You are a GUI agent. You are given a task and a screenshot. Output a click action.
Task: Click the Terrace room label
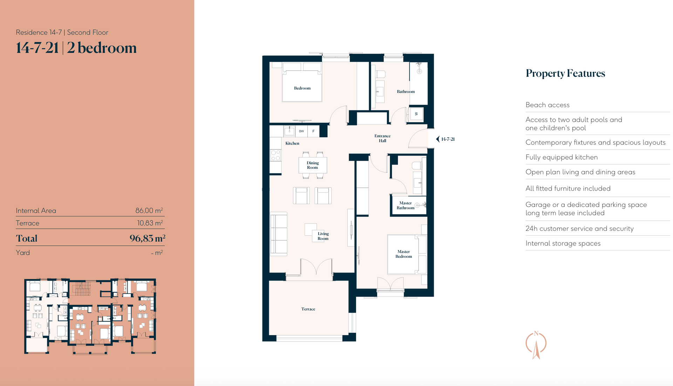tap(308, 309)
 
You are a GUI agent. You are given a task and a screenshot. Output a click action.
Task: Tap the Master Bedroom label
tap(404, 254)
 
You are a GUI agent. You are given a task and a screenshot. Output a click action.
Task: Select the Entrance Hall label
tap(382, 138)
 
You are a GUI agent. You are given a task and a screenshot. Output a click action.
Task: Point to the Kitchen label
tap(292, 143)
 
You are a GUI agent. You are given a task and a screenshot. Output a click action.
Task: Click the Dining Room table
tap(313, 165)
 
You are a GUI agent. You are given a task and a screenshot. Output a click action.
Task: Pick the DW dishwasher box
tap(301, 131)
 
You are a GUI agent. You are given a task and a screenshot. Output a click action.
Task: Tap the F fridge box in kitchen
tap(313, 131)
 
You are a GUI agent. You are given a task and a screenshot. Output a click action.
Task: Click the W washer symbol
tap(416, 114)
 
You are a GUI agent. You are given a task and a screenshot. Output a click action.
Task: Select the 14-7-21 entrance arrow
tap(438, 139)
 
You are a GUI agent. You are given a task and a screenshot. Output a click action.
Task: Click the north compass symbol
tap(536, 345)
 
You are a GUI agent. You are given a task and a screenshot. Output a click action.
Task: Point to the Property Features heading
tap(565, 73)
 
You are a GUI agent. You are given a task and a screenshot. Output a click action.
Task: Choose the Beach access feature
tap(548, 105)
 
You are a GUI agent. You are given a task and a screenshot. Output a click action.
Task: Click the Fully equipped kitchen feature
tap(562, 157)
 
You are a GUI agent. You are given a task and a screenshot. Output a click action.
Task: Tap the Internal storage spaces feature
tap(563, 243)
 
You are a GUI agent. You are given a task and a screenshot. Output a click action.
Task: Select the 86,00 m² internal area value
tap(149, 210)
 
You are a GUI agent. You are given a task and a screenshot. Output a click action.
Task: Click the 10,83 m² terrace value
tap(150, 223)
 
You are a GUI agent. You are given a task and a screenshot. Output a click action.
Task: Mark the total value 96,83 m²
tap(147, 238)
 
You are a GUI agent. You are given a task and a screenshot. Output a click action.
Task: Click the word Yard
tap(23, 253)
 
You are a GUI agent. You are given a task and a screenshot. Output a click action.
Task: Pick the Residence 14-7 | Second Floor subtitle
tap(62, 32)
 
